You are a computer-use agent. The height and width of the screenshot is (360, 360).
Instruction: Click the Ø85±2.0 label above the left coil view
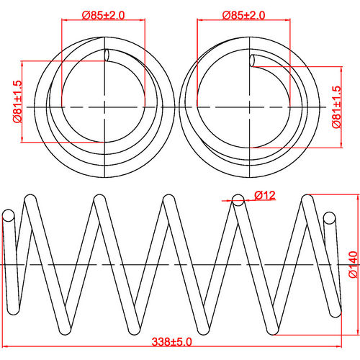104,14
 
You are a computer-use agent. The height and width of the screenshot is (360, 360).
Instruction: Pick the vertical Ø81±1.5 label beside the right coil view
336,107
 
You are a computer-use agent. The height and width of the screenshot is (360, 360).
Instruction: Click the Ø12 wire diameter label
266,194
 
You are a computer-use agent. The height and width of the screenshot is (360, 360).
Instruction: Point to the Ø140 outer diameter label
352,266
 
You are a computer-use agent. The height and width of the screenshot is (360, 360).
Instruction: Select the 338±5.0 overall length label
171,341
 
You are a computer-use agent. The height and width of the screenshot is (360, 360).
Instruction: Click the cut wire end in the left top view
107,55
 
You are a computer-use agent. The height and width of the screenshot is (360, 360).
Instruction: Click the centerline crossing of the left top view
105,107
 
